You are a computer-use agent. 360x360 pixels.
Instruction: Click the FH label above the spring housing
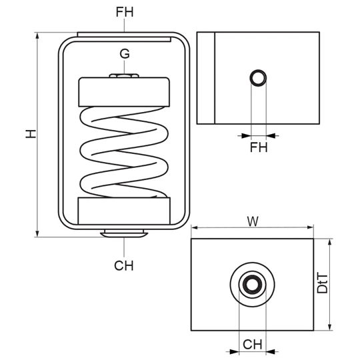[x=125, y=12]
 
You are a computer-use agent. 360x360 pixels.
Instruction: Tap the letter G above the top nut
[x=125, y=54]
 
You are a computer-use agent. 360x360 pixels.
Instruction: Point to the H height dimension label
[x=31, y=133]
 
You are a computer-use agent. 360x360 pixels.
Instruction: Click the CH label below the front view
[x=124, y=265]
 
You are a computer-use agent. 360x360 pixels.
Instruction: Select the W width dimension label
[x=253, y=221]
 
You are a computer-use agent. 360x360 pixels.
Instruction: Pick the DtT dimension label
[x=322, y=283]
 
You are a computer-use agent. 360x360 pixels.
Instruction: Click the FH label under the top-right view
[x=259, y=147]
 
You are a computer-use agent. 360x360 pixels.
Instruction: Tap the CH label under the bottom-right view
[x=252, y=345]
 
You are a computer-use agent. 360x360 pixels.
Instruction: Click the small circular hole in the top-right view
[x=258, y=78]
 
